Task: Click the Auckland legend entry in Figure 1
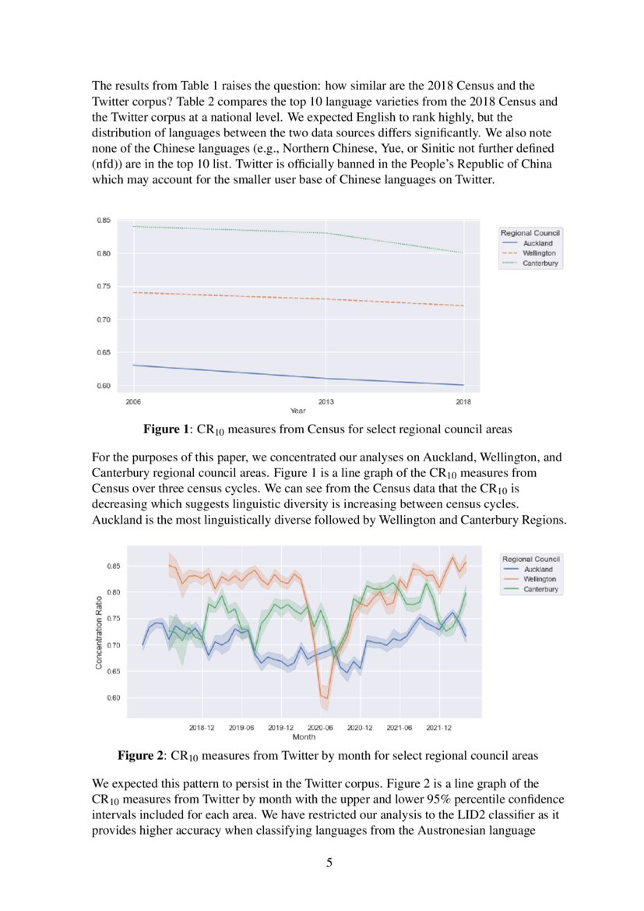[x=537, y=243]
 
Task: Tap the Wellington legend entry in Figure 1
[x=539, y=253]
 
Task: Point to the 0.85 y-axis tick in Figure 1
[x=104, y=221]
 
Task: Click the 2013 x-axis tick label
[x=326, y=402]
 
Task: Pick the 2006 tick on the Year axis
[x=133, y=402]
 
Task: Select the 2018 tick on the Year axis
[x=463, y=402]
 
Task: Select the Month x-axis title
[x=303, y=736]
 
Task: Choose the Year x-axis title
[x=297, y=411]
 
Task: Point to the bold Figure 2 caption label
[x=140, y=755]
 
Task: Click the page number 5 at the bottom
[x=329, y=863]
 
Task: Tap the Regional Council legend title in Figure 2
[x=531, y=559]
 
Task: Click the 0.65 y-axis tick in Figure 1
[x=104, y=353]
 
